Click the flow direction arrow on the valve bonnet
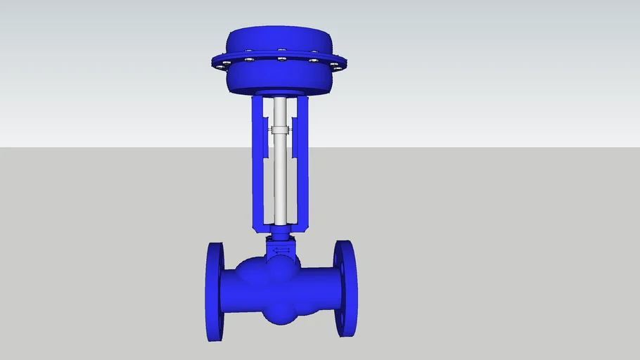(x=281, y=250)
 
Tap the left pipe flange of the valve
(x=214, y=292)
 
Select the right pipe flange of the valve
(x=346, y=288)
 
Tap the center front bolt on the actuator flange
(x=281, y=59)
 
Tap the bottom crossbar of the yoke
(x=281, y=227)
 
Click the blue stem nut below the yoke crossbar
(x=281, y=235)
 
